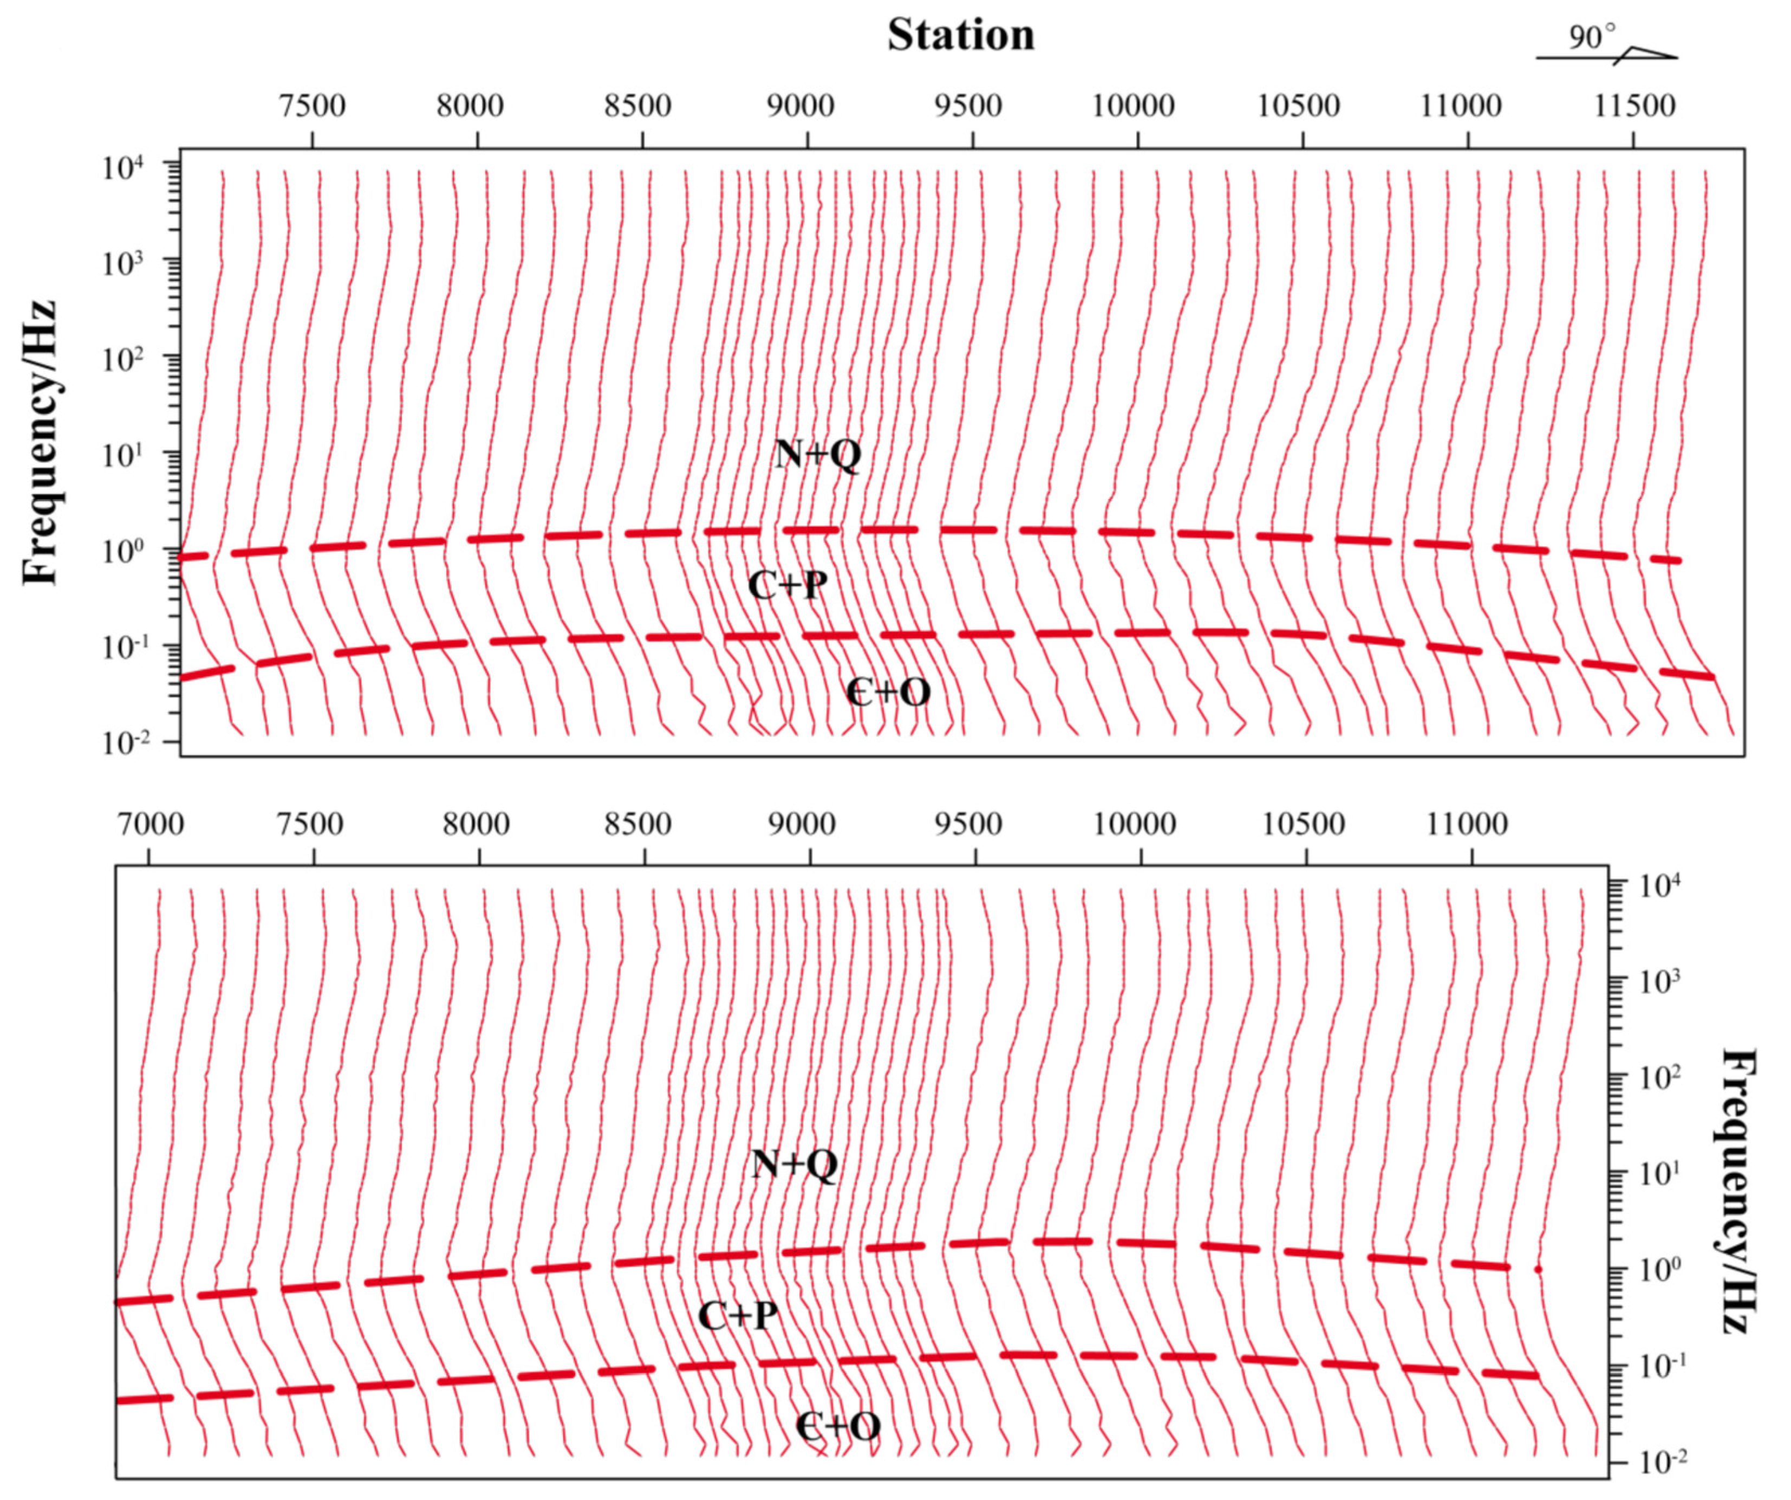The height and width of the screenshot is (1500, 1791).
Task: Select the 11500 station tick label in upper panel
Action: coord(1634,107)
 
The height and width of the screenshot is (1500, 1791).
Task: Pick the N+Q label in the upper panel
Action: coord(818,455)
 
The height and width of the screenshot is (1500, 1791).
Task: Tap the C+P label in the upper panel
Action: coord(787,585)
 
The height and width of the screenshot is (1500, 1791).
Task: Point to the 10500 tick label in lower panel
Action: coord(1303,824)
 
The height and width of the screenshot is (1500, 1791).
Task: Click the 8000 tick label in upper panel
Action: coord(470,107)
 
